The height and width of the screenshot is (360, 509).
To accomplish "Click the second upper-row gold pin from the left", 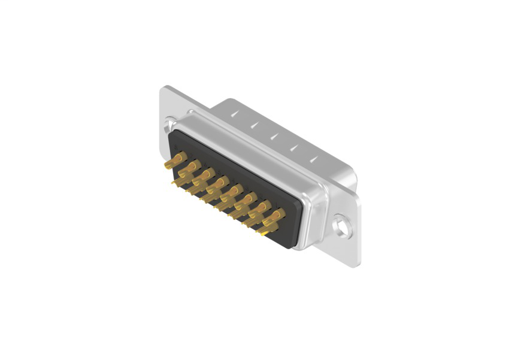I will [x=193, y=166].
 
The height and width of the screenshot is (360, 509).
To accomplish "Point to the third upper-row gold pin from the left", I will [x=207, y=174].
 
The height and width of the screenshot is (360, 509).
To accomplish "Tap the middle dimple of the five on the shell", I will [x=273, y=135].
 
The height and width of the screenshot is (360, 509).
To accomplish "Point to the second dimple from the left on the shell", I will [x=255, y=123].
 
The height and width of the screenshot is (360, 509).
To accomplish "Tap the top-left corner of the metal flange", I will [x=163, y=88].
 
